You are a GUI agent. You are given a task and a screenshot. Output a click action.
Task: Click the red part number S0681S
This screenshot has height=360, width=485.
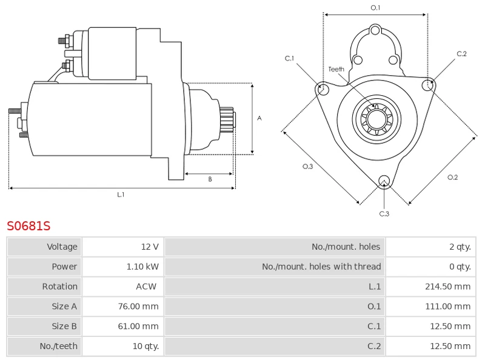[x=28, y=226]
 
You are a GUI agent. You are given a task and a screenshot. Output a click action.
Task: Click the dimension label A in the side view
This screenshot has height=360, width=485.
[x=259, y=118]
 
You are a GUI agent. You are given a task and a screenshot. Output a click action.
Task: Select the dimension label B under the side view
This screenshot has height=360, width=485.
[x=210, y=179]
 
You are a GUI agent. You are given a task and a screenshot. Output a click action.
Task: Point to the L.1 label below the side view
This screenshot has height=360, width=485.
[x=121, y=195]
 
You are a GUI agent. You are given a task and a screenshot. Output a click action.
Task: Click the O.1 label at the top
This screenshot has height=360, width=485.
[x=375, y=7]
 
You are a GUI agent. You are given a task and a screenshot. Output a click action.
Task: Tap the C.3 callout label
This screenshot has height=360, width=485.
[x=384, y=213]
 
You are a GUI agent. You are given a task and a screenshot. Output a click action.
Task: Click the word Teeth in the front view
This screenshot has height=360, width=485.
[x=336, y=69]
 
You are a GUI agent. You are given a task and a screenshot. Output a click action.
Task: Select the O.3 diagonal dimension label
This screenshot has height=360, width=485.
[x=307, y=167]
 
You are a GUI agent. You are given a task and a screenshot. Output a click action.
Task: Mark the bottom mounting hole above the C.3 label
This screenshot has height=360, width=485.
[x=383, y=180]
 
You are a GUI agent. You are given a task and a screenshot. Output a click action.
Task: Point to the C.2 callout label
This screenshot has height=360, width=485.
[x=461, y=54]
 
